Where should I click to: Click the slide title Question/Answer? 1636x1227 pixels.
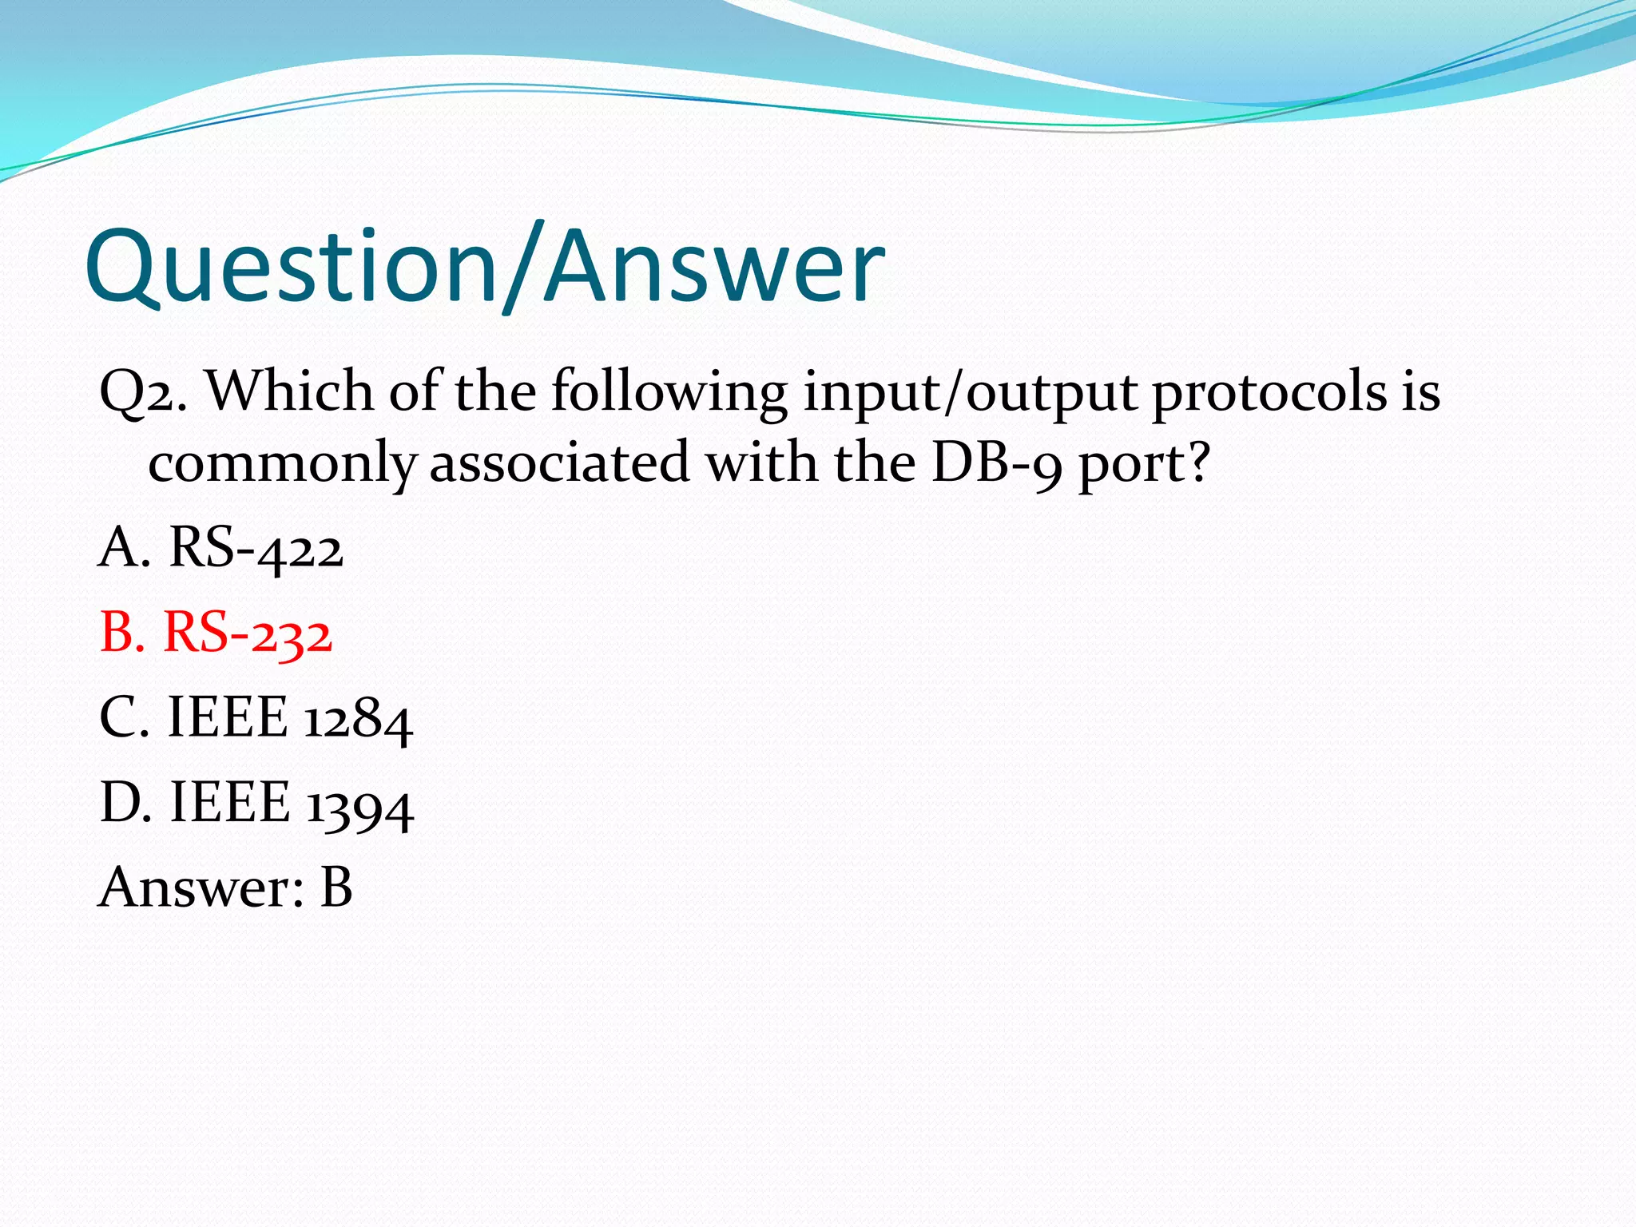pos(484,267)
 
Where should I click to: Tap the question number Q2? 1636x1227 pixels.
pos(142,393)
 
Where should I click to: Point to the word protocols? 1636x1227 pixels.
pos(1270,393)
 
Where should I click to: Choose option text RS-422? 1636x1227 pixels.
pos(256,550)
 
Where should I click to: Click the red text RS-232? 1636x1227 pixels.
pos(248,634)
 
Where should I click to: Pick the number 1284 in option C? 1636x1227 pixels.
pos(359,719)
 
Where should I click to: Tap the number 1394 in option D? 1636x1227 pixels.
pos(360,804)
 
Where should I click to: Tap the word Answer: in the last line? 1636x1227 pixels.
pos(201,888)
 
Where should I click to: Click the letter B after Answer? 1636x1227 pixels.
pos(336,887)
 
